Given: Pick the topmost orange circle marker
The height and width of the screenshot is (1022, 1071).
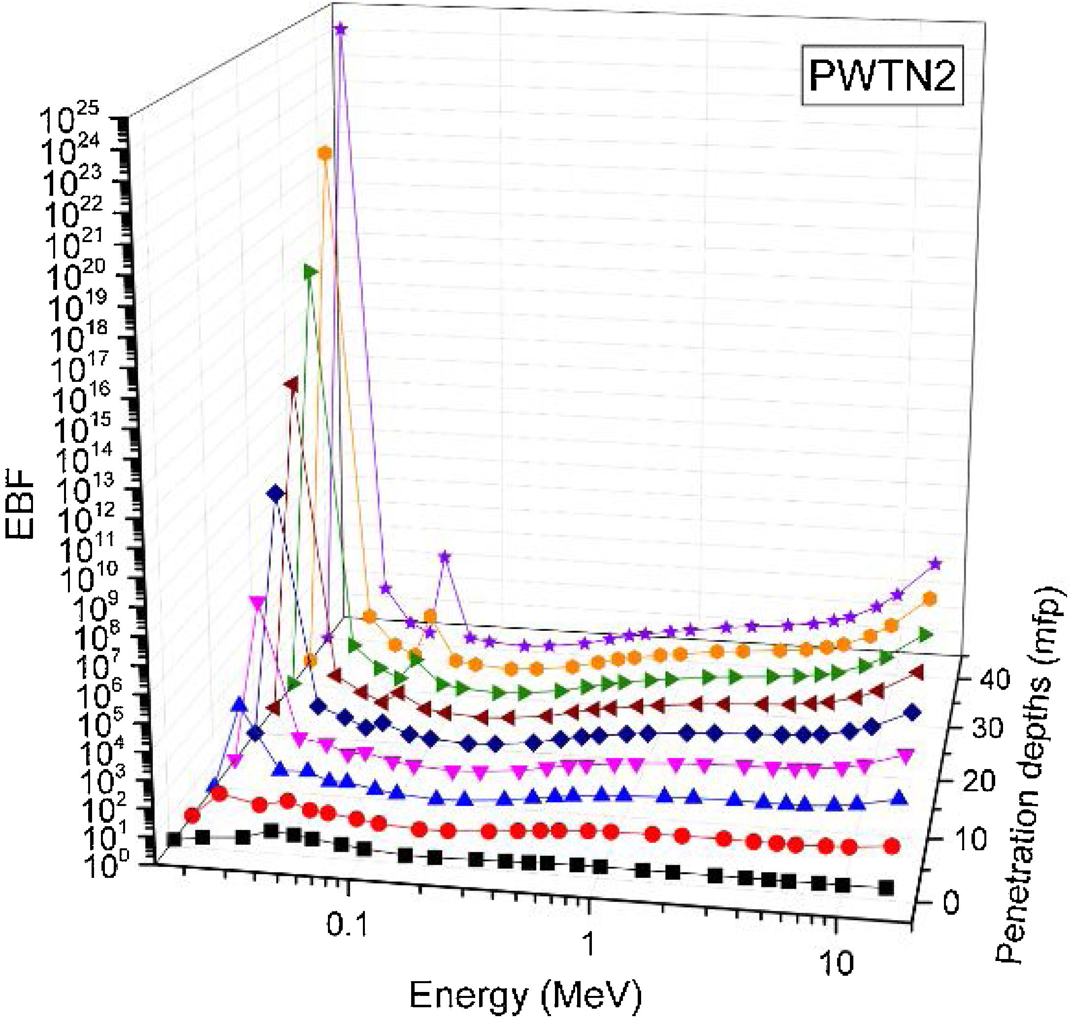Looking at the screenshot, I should tap(325, 154).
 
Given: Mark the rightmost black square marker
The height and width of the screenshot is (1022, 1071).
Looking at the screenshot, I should tap(887, 888).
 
